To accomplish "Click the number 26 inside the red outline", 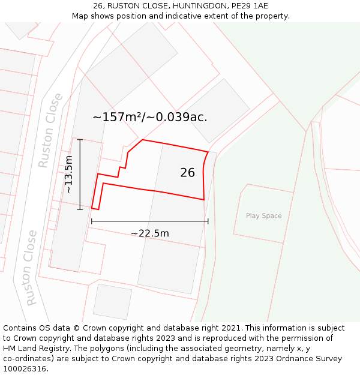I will point(187,173).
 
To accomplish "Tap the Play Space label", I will point(263,216).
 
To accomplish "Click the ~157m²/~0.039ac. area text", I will point(150,117).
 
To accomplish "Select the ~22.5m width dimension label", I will point(150,233).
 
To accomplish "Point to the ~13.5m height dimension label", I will point(69,174).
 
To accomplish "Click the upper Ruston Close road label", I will point(50,130).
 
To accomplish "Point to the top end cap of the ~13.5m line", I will point(80,139).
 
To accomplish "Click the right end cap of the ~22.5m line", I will point(208,221).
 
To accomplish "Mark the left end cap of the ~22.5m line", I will point(92,221).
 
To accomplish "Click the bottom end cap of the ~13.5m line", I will point(80,209).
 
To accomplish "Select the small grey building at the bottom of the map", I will point(112,301).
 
